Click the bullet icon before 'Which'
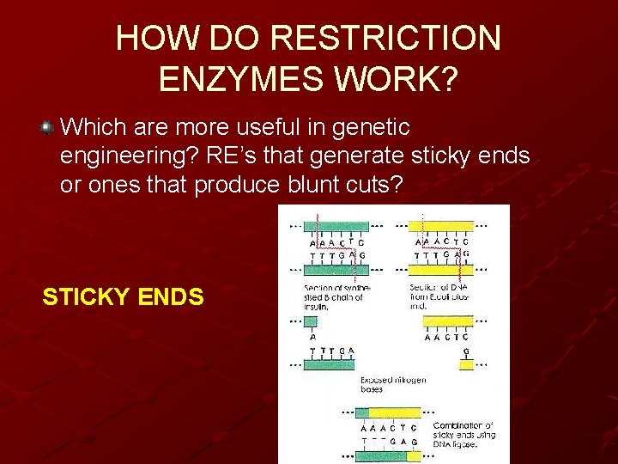point(48,128)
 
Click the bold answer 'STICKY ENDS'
point(123,297)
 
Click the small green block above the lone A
point(311,322)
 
